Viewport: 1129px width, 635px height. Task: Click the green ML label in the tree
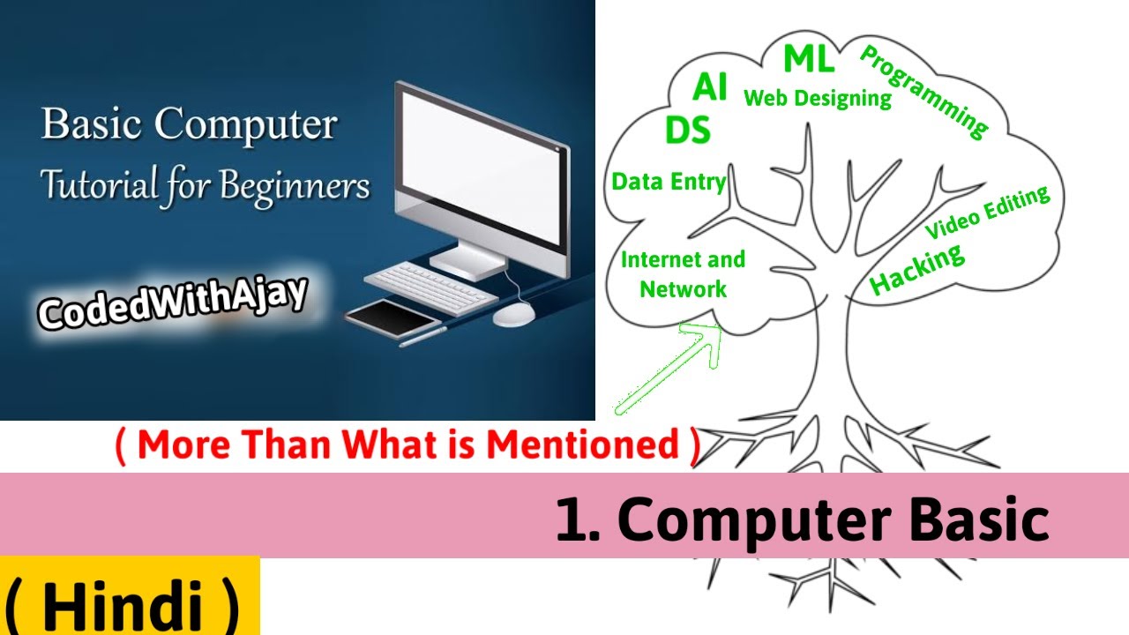[x=808, y=59]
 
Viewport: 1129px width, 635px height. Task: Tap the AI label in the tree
[x=710, y=88]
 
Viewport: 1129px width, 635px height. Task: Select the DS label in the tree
[x=688, y=131]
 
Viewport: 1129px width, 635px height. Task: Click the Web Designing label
[x=818, y=98]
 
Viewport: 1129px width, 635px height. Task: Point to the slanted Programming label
[x=923, y=92]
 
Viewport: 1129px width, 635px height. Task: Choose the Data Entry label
[x=669, y=182]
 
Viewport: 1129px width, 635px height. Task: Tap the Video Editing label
[x=988, y=212]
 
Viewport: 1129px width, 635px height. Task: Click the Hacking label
[x=917, y=269]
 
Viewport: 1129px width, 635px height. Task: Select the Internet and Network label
[x=683, y=274]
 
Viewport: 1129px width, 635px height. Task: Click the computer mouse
[x=513, y=314]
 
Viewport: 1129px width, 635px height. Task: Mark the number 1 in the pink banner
[x=567, y=520]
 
